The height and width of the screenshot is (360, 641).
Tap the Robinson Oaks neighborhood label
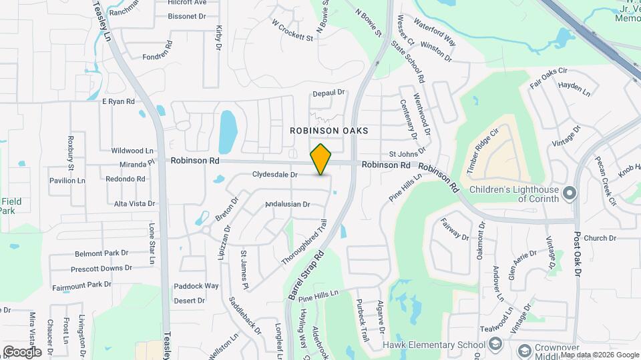329,131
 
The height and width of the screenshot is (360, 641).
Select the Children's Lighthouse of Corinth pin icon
570,193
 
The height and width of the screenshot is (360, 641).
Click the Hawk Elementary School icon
495,344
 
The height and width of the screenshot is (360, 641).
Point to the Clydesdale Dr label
274,175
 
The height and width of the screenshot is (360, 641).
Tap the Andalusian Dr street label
288,204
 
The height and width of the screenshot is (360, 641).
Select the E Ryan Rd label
118,101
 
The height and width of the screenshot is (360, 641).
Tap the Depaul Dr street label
328,93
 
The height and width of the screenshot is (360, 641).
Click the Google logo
21,351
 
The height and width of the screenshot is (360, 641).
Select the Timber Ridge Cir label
483,151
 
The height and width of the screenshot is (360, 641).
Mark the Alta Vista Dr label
134,203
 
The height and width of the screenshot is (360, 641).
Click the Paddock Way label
196,285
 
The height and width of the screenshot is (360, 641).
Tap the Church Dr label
600,238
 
